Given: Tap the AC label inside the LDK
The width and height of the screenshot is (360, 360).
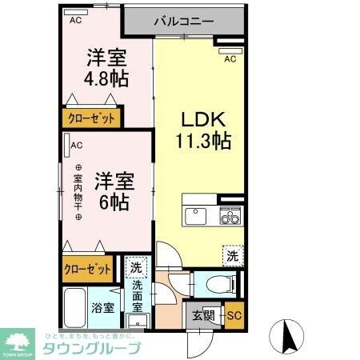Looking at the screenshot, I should tap(230, 58).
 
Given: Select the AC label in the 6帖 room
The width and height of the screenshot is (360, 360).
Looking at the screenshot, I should tap(77, 146).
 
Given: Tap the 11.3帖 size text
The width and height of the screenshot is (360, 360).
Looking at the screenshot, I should tap(204, 142).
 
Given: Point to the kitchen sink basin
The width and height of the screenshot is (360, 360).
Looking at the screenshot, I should tap(196, 216).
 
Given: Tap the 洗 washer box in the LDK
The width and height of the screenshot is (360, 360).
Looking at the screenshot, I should tap(231, 256).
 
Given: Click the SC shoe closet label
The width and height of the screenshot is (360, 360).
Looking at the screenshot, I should tap(233, 314).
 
